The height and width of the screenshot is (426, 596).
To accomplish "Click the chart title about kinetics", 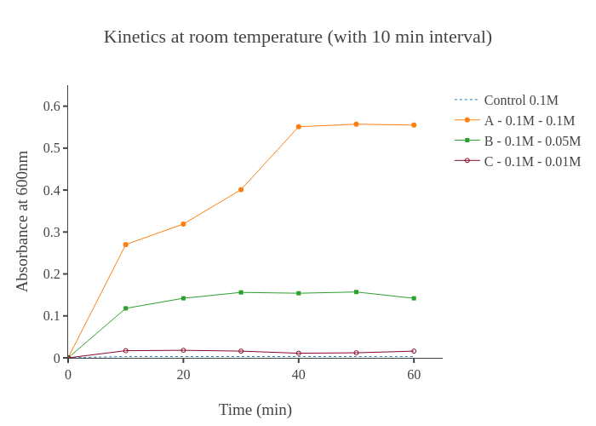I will coord(298,37).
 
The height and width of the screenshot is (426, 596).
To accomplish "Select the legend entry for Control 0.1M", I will coord(520,101).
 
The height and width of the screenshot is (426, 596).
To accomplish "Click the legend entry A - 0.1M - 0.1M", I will coord(529,121).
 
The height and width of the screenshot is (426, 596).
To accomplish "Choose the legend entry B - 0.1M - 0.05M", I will coord(532,141).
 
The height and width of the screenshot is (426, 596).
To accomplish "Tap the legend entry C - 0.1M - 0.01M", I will coord(532,162).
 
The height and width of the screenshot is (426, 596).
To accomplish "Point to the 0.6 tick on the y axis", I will coord(52,106).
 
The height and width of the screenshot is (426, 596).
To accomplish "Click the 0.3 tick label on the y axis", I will coord(52,232).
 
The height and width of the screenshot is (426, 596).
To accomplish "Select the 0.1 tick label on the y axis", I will coord(52,316).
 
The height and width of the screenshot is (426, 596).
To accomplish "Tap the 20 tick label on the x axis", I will coord(183,375).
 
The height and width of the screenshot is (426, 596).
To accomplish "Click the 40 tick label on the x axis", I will coord(299,375).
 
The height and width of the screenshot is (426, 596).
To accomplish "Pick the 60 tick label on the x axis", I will coord(414,375).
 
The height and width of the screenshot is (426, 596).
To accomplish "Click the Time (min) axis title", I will coord(255,410).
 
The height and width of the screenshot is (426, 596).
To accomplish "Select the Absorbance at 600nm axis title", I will coord(22,222).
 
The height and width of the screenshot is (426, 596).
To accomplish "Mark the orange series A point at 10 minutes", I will coord(126,245).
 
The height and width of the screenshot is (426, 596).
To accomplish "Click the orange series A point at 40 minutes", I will coord(299,127).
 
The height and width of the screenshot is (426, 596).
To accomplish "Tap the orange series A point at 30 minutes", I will coord(241,189).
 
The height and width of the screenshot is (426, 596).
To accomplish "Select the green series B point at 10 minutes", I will coord(126,308).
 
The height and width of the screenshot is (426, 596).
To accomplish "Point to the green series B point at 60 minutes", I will coord(414,298).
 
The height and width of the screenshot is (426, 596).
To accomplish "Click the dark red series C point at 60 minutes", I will coord(414,351).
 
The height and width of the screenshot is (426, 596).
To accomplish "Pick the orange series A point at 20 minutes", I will coord(183,224).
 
